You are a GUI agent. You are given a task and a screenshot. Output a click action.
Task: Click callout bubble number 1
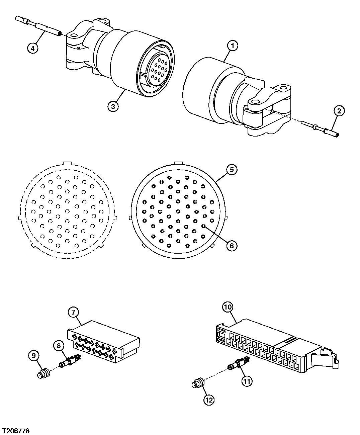point(233,46)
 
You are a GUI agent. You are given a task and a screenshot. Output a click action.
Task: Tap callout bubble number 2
point(339,111)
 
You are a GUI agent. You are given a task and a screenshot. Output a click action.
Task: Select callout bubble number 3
point(113,106)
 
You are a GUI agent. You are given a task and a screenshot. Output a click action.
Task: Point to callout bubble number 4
point(33,48)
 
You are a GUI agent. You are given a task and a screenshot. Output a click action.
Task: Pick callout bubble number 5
point(232,170)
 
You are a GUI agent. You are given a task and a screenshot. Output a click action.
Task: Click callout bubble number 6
point(232,246)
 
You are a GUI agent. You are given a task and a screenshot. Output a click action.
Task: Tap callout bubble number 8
point(59,346)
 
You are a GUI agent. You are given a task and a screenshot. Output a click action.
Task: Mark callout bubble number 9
point(34,355)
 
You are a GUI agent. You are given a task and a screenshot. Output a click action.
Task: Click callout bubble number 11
point(247,381)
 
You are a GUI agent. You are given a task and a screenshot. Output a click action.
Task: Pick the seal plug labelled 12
point(198,383)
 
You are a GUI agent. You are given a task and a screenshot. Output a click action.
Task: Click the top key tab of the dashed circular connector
point(67,163)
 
